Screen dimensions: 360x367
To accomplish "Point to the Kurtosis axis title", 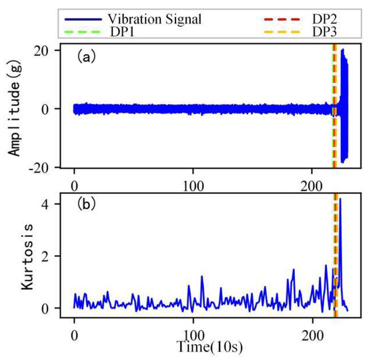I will coord(15,255).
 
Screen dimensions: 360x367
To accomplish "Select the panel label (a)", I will coord(86,57).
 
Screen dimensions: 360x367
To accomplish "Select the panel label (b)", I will coord(86,203).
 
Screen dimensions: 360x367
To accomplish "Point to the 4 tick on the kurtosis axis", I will coord(57,203).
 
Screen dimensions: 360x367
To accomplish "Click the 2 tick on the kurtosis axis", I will coord(57,256).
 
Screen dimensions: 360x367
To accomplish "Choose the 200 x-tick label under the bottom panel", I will coord(313,331).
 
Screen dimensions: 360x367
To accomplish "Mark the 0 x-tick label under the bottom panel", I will coord(74,331).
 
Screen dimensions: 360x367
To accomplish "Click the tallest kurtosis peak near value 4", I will coord(340,200).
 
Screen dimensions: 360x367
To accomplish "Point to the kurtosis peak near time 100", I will coord(202,276).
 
